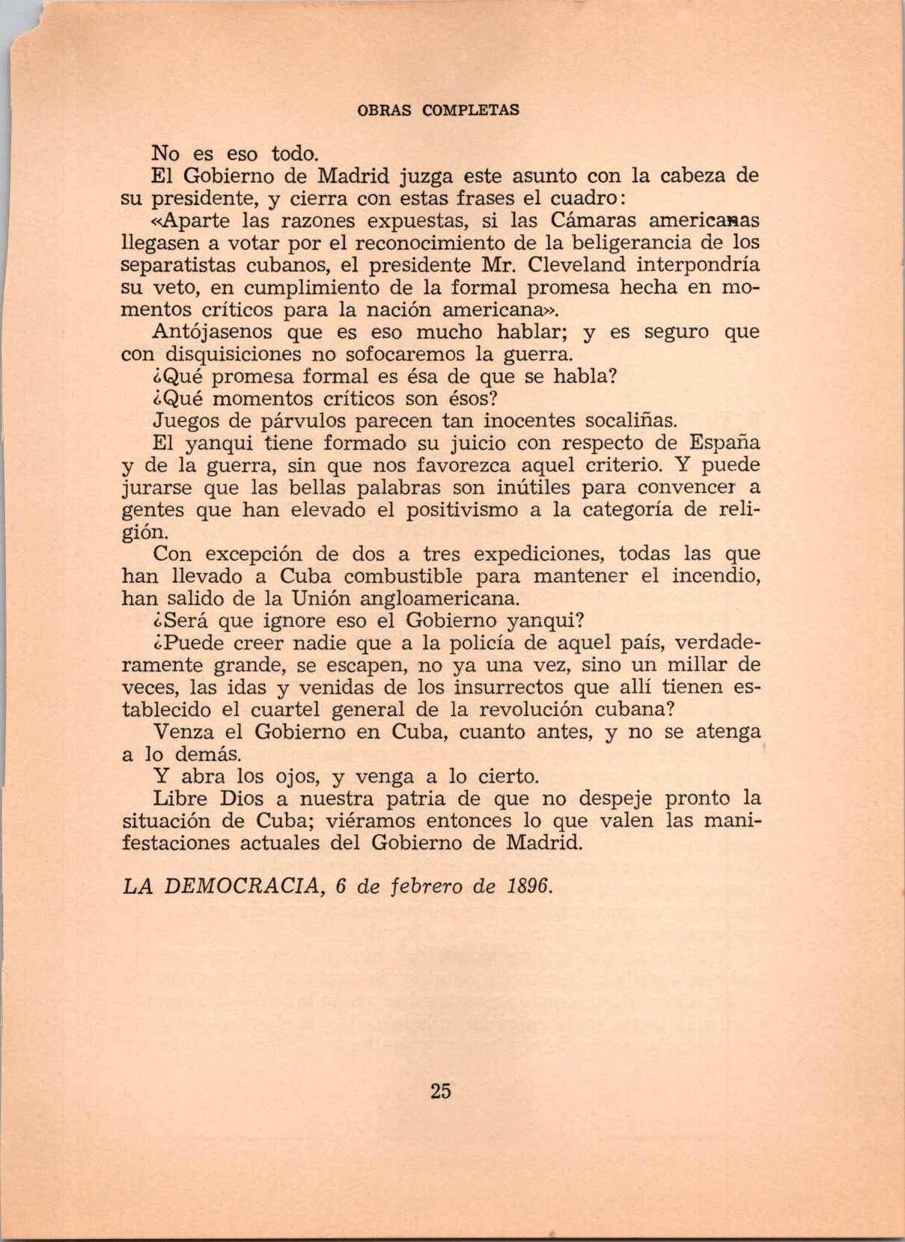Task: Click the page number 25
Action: pyautogui.click(x=441, y=1090)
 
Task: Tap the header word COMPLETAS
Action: pyautogui.click(x=471, y=110)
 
